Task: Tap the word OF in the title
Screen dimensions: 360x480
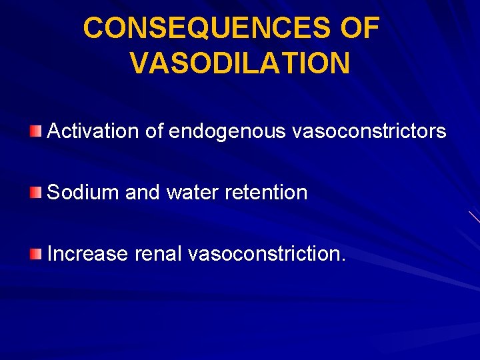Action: [359, 28]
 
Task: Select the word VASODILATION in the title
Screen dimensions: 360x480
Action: [240, 64]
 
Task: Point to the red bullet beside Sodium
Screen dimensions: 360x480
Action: [36, 193]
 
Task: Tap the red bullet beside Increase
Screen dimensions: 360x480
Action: [36, 253]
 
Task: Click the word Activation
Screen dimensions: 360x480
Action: [93, 131]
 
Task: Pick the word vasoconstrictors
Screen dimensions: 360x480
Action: [369, 131]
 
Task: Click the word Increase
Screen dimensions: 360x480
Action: [88, 253]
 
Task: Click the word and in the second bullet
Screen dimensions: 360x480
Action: [143, 193]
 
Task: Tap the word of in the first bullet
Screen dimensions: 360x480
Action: [154, 131]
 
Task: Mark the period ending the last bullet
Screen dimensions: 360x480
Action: [343, 260]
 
